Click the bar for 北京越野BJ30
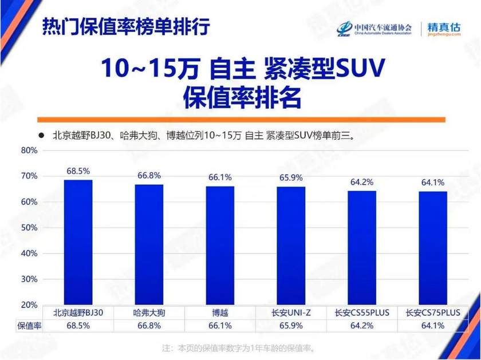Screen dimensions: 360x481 pos(78,243)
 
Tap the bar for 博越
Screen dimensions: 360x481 pos(220,246)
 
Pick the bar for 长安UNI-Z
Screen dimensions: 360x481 pos(291,246)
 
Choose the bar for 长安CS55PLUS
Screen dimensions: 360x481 pos(362,248)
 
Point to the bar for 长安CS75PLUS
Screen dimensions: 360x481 pos(433,248)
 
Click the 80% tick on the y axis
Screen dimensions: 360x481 pos(29,151)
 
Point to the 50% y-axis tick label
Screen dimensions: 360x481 pos(29,228)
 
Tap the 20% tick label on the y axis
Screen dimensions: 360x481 pos(29,304)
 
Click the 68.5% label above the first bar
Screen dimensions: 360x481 pos(78,171)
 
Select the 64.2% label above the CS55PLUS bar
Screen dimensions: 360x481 pos(362,182)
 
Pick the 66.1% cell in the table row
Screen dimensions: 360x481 pos(220,326)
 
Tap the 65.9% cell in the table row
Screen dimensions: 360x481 pos(291,326)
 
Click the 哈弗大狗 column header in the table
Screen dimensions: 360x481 pos(149,312)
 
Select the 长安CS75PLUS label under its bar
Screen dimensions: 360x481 pos(433,312)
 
